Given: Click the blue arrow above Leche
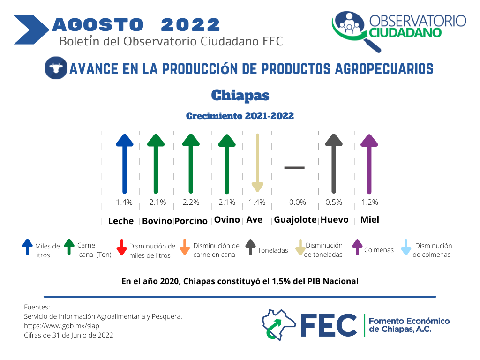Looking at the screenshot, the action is tap(125, 164).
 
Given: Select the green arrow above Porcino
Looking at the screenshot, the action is tap(191, 164).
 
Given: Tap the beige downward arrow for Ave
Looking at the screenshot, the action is tap(257, 163).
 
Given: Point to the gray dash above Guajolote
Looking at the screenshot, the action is tap(294, 168).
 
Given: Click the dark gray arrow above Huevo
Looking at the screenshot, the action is tap(334, 164).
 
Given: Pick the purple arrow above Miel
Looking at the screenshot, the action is tap(369, 164).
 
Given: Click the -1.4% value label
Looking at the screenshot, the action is tap(256, 202).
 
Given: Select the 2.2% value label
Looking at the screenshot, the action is tap(191, 202).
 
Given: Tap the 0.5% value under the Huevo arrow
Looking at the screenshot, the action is tap(334, 202).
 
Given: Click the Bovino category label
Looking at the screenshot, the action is tap(157, 221).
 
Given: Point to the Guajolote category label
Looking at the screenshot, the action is tap(295, 220).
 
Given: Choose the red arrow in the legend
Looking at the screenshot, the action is tap(121, 247).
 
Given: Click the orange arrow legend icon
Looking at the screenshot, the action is tap(185, 247).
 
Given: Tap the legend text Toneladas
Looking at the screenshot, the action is tap(273, 250).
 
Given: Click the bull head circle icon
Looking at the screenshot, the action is tap(56, 68).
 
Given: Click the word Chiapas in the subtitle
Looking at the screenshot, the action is tap(240, 95).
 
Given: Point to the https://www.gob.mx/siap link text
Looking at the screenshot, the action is tap(61, 326).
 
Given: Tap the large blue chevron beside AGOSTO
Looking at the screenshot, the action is tap(31, 30).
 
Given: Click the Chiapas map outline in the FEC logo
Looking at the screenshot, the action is tap(279, 325).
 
